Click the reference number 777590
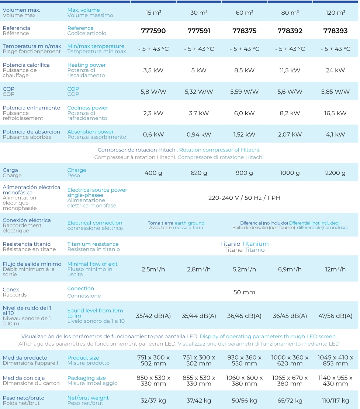pyautogui.click(x=153, y=31)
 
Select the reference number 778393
pyautogui.click(x=335, y=31)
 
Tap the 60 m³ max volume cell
pyautogui.click(x=244, y=13)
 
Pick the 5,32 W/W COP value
pyautogui.click(x=199, y=91)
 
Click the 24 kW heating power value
pyautogui.click(x=335, y=70)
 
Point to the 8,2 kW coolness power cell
pyautogui.click(x=290, y=113)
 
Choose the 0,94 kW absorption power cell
pyautogui.click(x=199, y=134)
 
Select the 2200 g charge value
pyautogui.click(x=335, y=173)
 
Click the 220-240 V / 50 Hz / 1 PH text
pyautogui.click(x=244, y=198)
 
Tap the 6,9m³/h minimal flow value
pyautogui.click(x=290, y=269)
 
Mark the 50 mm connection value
pyautogui.click(x=244, y=292)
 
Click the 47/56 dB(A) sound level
pyautogui.click(x=335, y=316)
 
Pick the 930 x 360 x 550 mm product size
pyautogui.click(x=244, y=360)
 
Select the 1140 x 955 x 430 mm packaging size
pyautogui.click(x=335, y=381)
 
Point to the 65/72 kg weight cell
pyautogui.click(x=290, y=401)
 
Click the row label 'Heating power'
pyautogui.click(x=86, y=65)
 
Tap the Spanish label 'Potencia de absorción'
pyautogui.click(x=31, y=132)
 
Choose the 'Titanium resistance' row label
pyautogui.click(x=93, y=244)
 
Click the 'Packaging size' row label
pyautogui.click(x=86, y=378)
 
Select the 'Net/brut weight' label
pyautogui.click(x=88, y=398)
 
